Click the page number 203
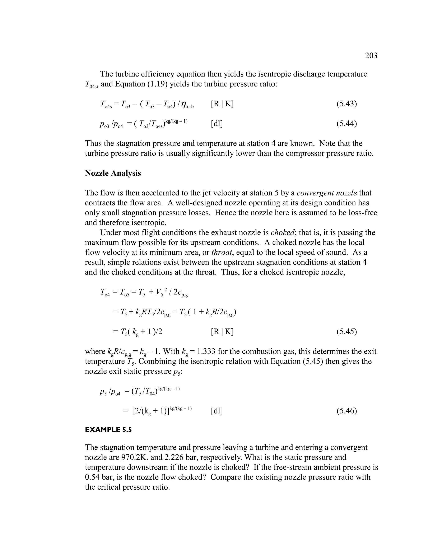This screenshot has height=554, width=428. pos(371,56)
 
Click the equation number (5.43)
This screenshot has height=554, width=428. pos(347,104)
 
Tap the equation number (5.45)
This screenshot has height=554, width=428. pos(347,332)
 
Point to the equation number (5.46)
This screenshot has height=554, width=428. pos(347,411)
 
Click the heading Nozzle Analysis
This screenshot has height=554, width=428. pos(113,173)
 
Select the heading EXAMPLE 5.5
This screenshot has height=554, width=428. pos(108,430)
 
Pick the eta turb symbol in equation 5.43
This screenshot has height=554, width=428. pos(187,105)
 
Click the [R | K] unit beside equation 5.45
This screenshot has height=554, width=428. pos(222,332)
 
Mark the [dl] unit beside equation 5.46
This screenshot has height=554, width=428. pos(217,411)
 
